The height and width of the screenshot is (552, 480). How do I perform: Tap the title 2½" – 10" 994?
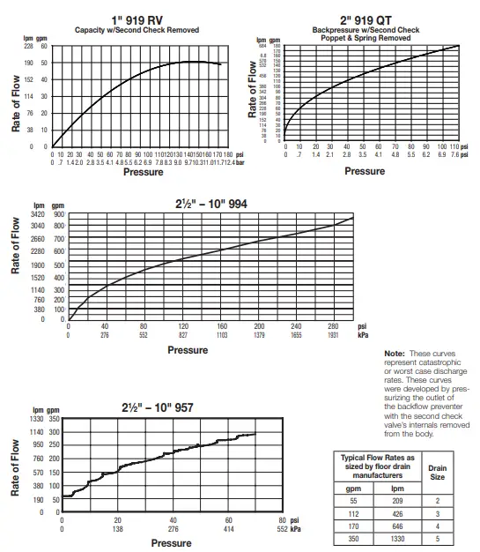point(211,205)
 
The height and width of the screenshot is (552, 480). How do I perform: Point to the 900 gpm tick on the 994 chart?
point(59,214)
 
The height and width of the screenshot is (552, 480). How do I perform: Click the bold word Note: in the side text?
point(395,354)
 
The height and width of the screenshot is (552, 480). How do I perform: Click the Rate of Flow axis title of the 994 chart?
point(15,265)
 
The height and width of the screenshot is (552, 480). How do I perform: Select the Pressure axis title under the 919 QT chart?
point(364,171)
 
